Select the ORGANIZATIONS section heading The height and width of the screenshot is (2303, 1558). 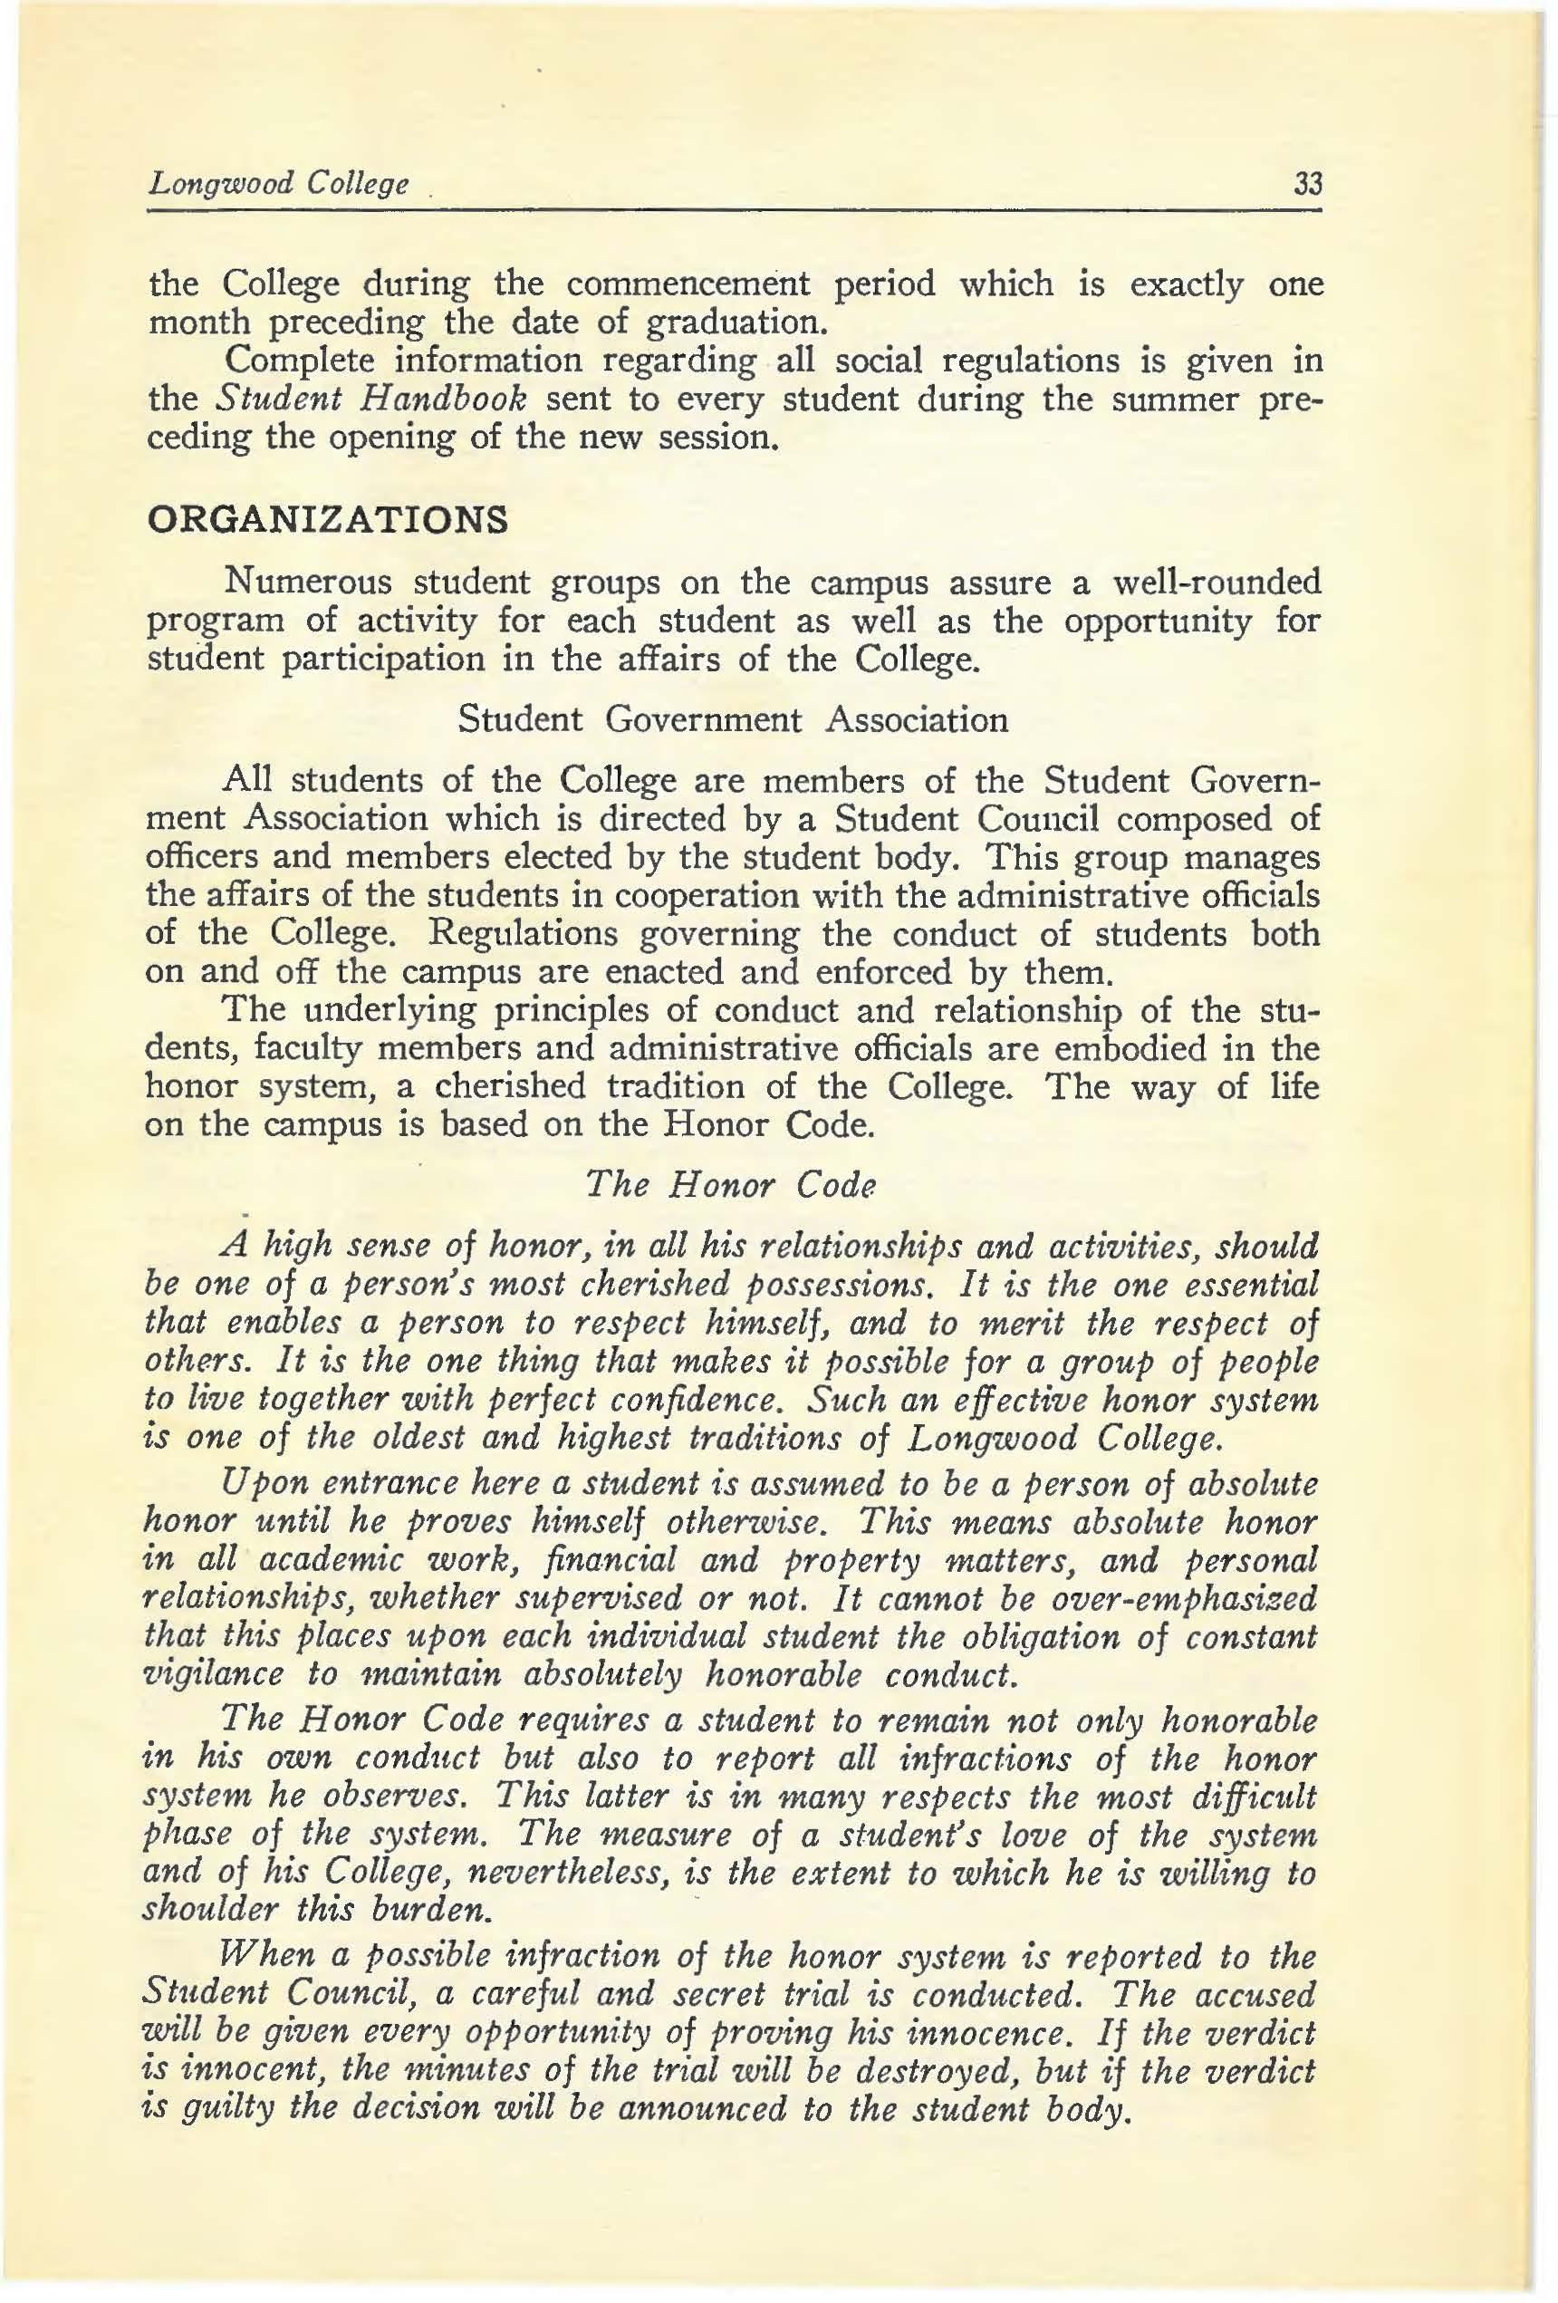pos(327,519)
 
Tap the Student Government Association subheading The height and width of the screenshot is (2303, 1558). pos(733,718)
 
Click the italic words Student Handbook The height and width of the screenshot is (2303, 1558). pos(370,400)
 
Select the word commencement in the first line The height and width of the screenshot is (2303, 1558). pos(687,284)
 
